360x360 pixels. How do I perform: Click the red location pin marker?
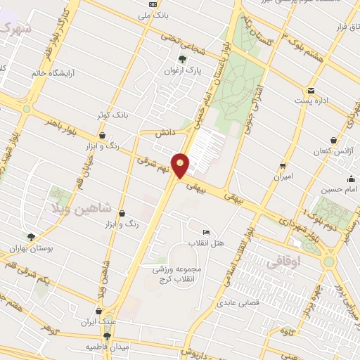pos(181,165)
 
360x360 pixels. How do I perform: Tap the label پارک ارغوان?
pos(184,71)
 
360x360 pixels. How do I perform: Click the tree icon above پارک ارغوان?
pos(184,59)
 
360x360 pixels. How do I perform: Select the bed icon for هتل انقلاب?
pos(206,233)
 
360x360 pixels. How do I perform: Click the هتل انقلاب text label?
pos(209,243)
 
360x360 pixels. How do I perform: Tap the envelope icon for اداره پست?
pos(310,91)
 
